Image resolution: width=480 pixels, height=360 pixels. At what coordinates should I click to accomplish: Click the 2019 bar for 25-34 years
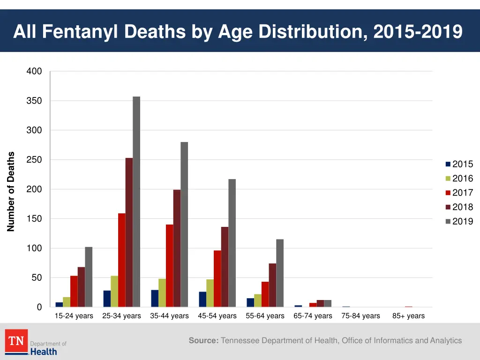(x=136, y=202)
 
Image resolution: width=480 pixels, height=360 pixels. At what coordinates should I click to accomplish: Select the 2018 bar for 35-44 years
(x=177, y=248)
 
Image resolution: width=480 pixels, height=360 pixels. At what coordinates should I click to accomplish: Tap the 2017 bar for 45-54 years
(x=217, y=279)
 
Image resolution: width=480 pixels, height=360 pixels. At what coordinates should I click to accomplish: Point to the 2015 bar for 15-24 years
(x=59, y=305)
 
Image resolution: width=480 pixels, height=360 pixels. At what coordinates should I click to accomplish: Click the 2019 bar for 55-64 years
(x=280, y=273)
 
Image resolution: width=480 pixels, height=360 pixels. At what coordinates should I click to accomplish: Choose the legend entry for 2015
(x=459, y=164)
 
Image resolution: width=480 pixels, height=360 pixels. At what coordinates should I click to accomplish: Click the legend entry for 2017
(x=459, y=193)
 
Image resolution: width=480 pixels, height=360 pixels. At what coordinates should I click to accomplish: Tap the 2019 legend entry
(x=459, y=221)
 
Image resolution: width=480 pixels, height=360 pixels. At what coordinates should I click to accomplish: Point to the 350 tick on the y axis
(x=34, y=101)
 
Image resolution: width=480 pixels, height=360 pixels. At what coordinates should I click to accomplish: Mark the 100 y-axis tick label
(x=34, y=248)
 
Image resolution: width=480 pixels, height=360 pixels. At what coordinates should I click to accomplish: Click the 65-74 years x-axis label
(x=313, y=316)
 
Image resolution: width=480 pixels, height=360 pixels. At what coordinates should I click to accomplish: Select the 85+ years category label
(x=408, y=316)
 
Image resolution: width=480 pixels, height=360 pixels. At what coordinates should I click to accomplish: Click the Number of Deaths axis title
(x=11, y=192)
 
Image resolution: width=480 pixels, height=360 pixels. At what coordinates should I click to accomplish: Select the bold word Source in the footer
(x=203, y=341)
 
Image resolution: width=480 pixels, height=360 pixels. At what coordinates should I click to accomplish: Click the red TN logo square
(x=16, y=341)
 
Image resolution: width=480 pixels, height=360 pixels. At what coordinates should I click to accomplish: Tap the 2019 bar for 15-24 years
(x=89, y=277)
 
